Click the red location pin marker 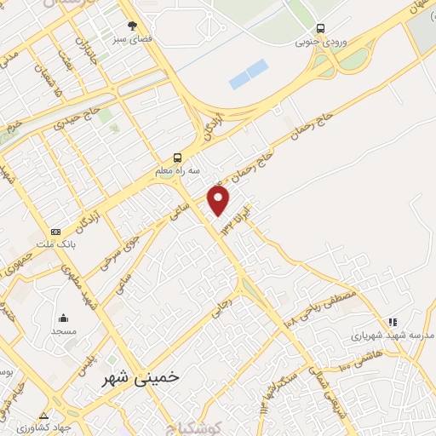click(x=219, y=200)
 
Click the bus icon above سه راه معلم click(x=177, y=158)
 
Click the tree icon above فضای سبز click(x=131, y=26)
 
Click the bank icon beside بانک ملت click(x=56, y=232)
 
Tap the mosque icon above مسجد click(x=64, y=316)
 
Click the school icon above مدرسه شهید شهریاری click(x=393, y=322)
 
